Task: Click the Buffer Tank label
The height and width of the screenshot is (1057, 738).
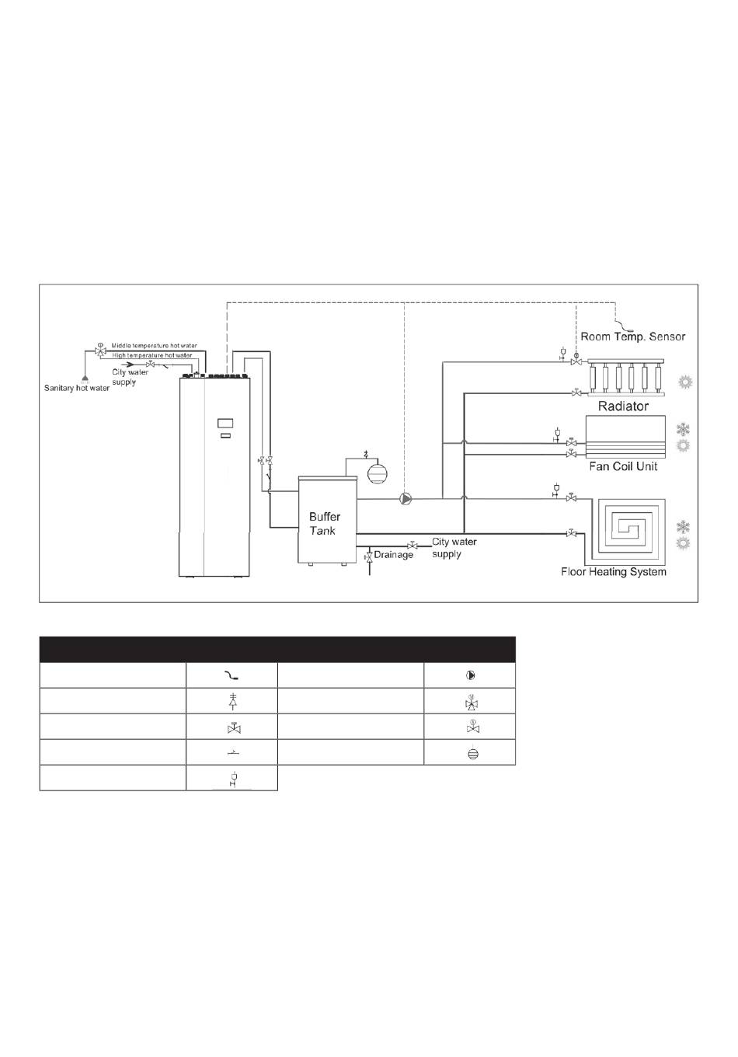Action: (x=324, y=523)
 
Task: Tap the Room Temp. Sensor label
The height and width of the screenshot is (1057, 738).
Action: (x=633, y=337)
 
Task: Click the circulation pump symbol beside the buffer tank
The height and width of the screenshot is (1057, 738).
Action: (x=405, y=499)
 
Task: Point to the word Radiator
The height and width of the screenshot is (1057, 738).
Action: (x=623, y=406)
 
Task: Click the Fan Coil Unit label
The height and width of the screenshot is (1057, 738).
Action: (x=623, y=466)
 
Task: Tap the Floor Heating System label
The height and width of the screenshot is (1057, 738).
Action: (x=614, y=572)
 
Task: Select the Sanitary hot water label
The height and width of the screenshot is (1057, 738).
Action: (x=77, y=389)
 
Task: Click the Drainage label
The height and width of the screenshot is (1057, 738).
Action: (x=394, y=555)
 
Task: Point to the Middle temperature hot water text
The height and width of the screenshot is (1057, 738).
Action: (x=154, y=346)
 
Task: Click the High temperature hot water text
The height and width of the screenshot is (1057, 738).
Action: (x=151, y=355)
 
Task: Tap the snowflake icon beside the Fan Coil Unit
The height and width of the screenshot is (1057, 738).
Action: (x=684, y=429)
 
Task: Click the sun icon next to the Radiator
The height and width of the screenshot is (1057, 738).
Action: (x=684, y=382)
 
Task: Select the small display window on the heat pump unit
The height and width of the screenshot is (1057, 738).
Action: (x=225, y=424)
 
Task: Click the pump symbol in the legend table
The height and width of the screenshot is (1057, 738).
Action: (x=470, y=675)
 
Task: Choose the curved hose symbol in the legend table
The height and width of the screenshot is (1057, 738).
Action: (x=231, y=676)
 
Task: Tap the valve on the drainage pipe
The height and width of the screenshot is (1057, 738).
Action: (x=368, y=556)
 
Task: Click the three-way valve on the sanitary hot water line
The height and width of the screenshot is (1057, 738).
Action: (x=100, y=352)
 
